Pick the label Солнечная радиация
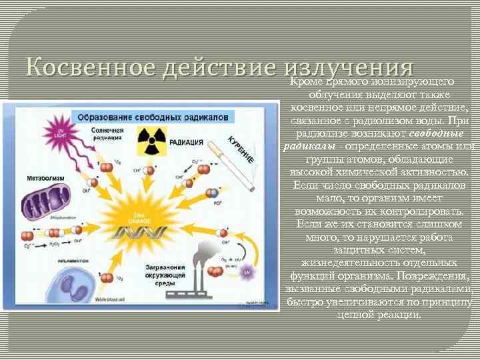pos(107,133)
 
